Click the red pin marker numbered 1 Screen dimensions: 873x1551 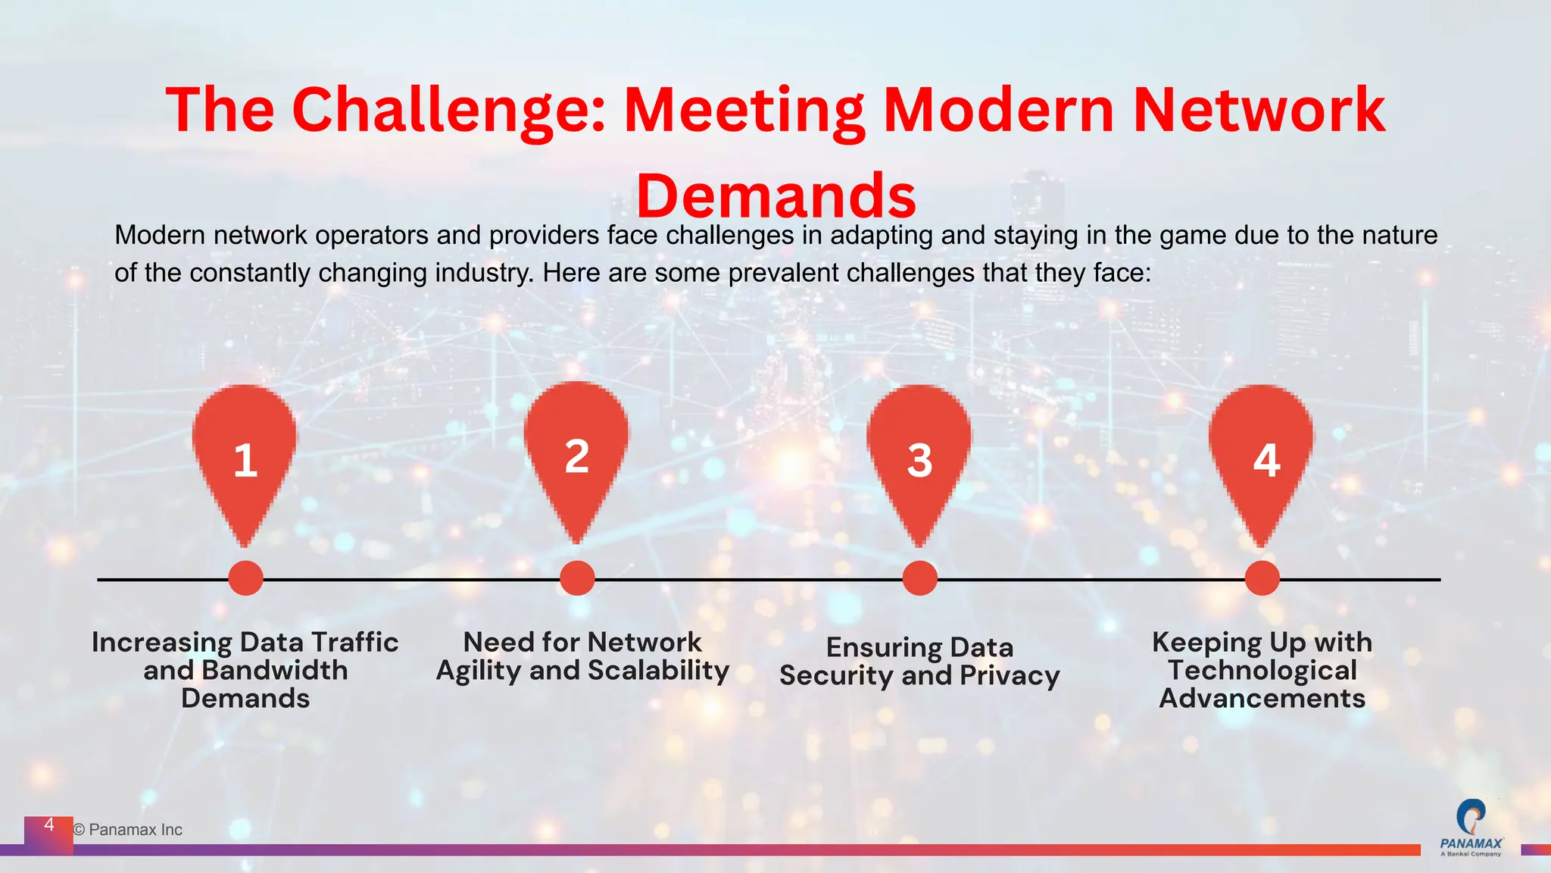pyautogui.click(x=245, y=455)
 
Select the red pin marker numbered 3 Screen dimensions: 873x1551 pyautogui.click(x=919, y=455)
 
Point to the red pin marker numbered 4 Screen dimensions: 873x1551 pyautogui.click(x=1262, y=455)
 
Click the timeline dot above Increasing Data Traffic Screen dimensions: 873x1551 pyautogui.click(x=245, y=578)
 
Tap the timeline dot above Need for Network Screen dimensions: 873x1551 pyautogui.click(x=577, y=578)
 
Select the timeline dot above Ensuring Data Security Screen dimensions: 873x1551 pyautogui.click(x=919, y=578)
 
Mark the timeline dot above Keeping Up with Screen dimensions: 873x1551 pyautogui.click(x=1262, y=578)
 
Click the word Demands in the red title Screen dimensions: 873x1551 pyautogui.click(x=775, y=196)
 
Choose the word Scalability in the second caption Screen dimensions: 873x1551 pyautogui.click(x=658, y=671)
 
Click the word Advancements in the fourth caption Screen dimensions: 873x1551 pyautogui.click(x=1262, y=698)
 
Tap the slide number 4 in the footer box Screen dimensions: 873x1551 pyautogui.click(x=49, y=824)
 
